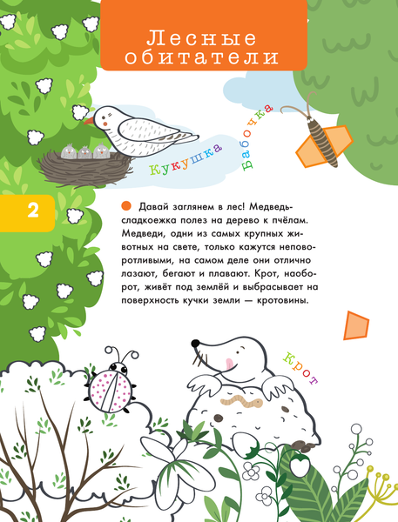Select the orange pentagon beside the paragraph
click(x=354, y=326)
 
